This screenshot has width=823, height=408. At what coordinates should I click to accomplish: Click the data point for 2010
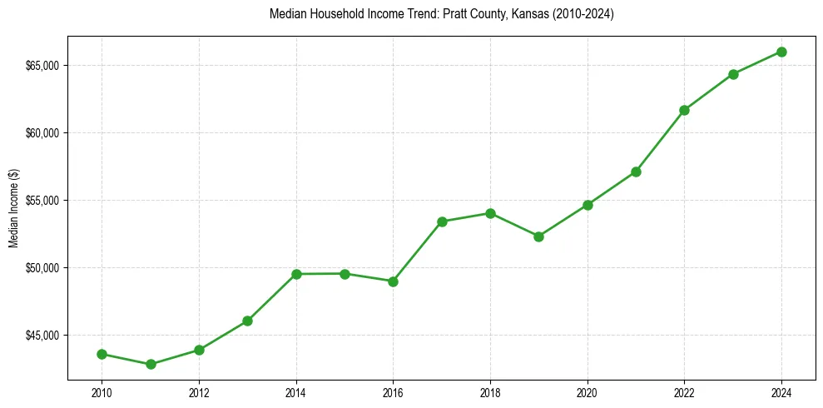(x=102, y=354)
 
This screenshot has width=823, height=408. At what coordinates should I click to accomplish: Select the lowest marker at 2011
(x=151, y=364)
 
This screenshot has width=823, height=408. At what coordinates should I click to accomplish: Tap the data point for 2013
(x=247, y=321)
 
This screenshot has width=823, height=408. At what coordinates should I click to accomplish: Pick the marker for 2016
(x=393, y=281)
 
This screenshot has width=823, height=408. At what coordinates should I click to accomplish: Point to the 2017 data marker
(x=442, y=221)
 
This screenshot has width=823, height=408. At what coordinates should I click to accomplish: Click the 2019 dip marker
(x=538, y=236)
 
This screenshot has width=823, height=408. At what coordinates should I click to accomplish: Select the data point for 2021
(x=636, y=172)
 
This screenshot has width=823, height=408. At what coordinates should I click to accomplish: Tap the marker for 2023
(x=733, y=74)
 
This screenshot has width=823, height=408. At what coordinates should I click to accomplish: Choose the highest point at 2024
(x=781, y=52)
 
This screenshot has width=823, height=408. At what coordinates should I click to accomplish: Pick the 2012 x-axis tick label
(x=199, y=391)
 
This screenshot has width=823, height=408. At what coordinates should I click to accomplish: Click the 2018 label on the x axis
(x=490, y=391)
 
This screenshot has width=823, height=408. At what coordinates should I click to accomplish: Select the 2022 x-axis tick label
(x=684, y=391)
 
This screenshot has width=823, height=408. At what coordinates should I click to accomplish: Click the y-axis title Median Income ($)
(x=12, y=208)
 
